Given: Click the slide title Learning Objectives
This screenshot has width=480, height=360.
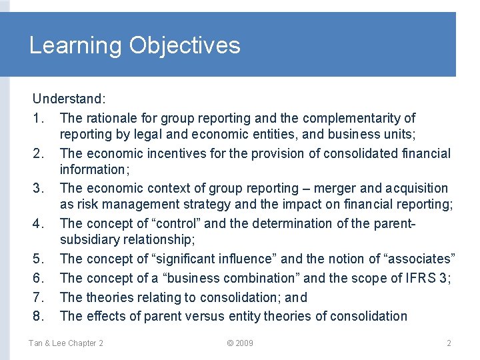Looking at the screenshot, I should click(x=135, y=45).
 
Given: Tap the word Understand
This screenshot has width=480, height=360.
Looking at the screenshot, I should click(x=69, y=99).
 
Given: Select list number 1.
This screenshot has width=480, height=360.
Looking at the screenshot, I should click(x=38, y=119).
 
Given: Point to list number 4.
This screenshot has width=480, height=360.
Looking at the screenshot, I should click(x=38, y=223).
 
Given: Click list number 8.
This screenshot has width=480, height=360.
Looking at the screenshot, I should click(x=38, y=316).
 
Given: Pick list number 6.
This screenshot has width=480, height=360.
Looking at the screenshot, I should click(x=38, y=278).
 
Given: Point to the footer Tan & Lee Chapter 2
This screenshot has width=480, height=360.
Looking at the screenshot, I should click(x=65, y=343).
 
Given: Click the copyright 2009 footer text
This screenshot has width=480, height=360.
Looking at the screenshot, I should click(x=240, y=343).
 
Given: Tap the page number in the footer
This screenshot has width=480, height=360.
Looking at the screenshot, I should click(x=449, y=343).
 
